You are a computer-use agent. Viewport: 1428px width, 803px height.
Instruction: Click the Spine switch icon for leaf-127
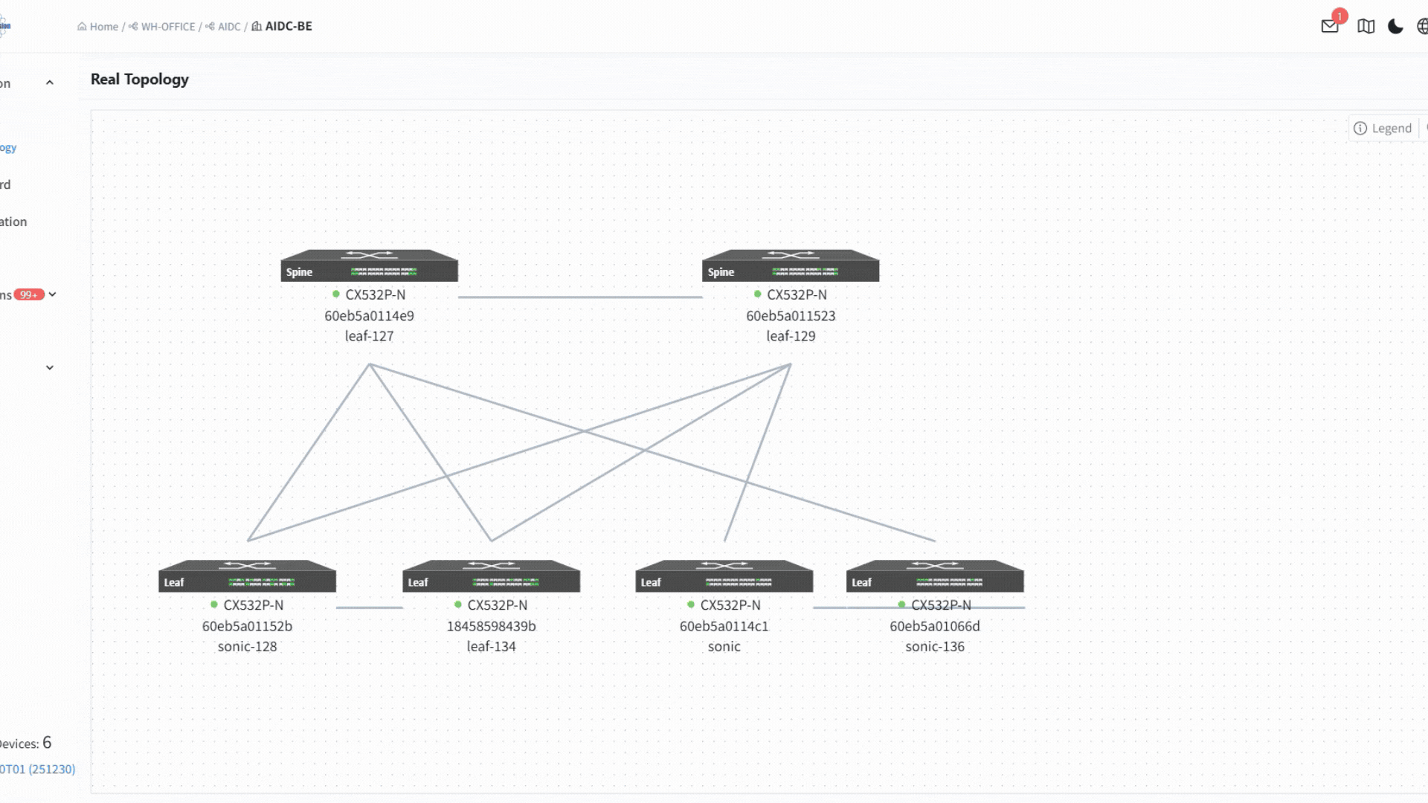pos(369,265)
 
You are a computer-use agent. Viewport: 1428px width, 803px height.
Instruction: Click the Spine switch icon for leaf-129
pos(791,265)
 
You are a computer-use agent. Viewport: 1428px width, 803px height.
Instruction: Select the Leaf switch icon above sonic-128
pos(247,576)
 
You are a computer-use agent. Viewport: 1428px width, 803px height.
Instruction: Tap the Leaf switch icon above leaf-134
pos(491,576)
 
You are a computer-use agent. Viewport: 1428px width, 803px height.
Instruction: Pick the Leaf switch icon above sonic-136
pos(935,576)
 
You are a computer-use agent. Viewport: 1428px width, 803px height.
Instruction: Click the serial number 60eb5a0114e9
pos(369,316)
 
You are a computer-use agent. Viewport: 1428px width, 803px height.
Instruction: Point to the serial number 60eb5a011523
pos(791,316)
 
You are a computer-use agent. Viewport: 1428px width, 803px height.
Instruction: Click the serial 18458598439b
pos(491,626)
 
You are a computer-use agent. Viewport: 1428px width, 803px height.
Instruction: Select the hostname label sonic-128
pos(247,647)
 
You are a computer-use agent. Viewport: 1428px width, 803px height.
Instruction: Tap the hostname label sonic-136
pos(935,647)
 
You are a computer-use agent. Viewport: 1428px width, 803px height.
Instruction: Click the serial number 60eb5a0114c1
pos(724,626)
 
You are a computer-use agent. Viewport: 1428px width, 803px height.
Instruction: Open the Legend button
pos(1383,128)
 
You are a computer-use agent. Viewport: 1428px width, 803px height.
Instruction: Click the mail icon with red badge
pos(1330,26)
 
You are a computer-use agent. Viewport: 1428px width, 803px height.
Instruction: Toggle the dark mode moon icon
pos(1395,27)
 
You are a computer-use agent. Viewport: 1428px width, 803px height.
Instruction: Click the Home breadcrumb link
pos(103,27)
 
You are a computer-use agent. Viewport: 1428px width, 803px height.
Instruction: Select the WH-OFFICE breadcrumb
pos(167,27)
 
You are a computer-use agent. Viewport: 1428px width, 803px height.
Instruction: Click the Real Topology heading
pos(140,80)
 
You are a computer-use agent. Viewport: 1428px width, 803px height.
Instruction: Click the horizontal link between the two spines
pos(580,297)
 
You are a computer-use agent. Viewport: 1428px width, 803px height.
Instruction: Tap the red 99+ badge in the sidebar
pos(29,294)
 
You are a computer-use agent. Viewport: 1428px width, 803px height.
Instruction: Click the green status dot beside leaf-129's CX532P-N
pos(758,294)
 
